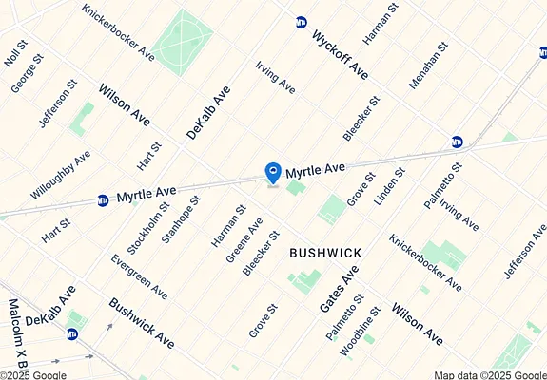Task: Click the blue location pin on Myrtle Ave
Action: [x=273, y=173]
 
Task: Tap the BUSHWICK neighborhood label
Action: [x=324, y=253]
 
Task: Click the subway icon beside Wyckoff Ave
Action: [x=302, y=21]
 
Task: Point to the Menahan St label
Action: [x=427, y=66]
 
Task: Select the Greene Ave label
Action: [x=230, y=240]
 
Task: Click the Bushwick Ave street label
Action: [x=142, y=322]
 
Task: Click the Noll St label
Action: [x=16, y=53]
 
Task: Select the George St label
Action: [x=28, y=74]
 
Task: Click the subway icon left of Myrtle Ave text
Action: [x=104, y=200]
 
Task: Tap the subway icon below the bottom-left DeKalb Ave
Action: [x=72, y=333]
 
